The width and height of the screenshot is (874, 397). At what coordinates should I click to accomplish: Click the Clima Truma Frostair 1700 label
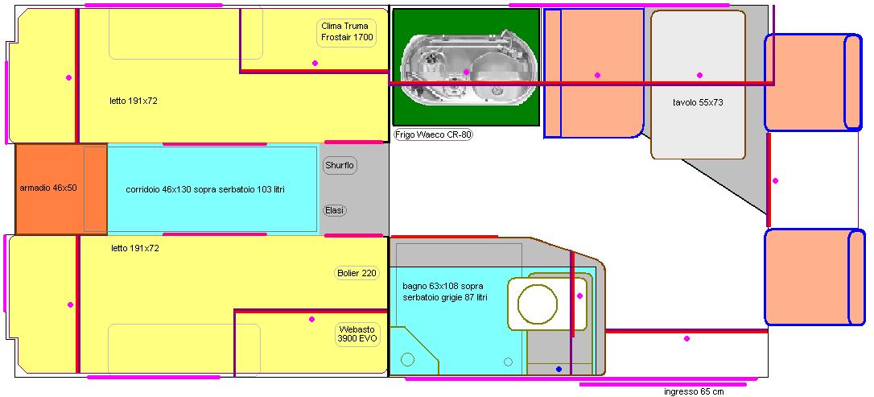(x=347, y=32)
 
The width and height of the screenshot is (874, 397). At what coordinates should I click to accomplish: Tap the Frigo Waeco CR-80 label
(x=433, y=134)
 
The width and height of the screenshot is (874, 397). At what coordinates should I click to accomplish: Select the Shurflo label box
(x=340, y=166)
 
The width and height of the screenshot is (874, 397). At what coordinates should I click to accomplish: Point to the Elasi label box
(x=335, y=210)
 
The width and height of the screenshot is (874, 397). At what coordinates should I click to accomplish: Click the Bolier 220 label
(x=357, y=273)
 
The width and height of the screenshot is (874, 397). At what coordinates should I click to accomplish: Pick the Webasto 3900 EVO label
(x=357, y=333)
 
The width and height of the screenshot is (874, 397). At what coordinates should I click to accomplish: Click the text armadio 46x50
(x=48, y=188)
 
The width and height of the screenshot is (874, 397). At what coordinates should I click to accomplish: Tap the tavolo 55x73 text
(x=698, y=102)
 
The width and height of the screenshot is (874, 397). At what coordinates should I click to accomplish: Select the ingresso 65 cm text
(x=694, y=391)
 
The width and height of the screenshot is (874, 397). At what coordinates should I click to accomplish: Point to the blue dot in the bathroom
(x=559, y=369)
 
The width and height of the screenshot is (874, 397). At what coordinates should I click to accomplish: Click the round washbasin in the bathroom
(x=537, y=304)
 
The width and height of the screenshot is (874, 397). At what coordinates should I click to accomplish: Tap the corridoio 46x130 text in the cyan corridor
(x=205, y=189)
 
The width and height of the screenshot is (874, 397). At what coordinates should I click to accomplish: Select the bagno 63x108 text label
(x=445, y=292)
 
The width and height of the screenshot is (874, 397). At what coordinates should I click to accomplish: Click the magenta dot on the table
(x=699, y=75)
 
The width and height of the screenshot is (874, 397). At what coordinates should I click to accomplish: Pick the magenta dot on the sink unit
(x=467, y=72)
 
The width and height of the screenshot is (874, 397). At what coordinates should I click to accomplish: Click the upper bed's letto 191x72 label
(x=134, y=101)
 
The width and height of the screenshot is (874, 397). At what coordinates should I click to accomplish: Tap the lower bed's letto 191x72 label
(x=135, y=249)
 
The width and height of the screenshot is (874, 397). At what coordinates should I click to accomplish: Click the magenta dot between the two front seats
(x=775, y=180)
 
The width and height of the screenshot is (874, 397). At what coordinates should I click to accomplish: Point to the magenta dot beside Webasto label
(x=311, y=320)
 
